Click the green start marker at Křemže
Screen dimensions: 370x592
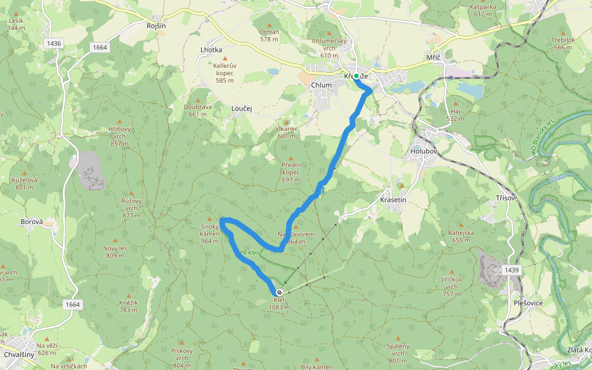coord(356,76)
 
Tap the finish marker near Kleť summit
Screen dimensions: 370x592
coord(279,292)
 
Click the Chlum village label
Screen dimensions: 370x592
coord(321,85)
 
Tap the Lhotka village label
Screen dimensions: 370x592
coord(211,49)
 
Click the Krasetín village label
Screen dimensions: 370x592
coord(393,201)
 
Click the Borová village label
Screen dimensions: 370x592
coord(31,221)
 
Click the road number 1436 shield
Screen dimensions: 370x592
coord(54,43)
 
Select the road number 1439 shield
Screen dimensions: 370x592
coord(512,270)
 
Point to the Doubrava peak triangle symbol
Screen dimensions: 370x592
coord(197,100)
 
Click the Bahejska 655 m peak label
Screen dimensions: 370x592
coord(461,236)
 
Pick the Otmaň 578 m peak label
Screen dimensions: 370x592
coord(269,35)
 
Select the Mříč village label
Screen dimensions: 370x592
coord(434,57)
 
